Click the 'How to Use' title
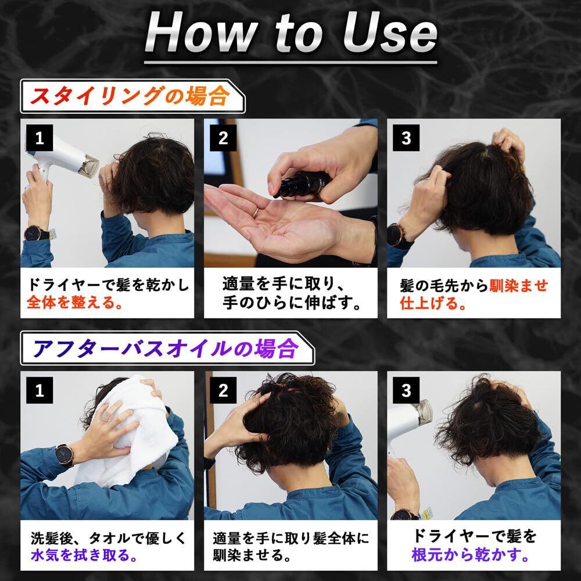click(x=291, y=33)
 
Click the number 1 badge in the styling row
click(x=40, y=138)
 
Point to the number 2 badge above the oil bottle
click(x=223, y=138)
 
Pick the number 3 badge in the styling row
click(x=406, y=138)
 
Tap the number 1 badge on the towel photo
click(x=40, y=390)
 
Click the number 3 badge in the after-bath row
click(x=406, y=390)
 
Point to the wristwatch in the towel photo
click(x=64, y=456)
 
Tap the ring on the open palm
click(x=256, y=212)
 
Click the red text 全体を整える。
click(x=75, y=303)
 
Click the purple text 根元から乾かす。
click(x=471, y=555)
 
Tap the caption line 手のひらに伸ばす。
click(x=292, y=303)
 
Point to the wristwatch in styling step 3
click(x=396, y=235)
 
